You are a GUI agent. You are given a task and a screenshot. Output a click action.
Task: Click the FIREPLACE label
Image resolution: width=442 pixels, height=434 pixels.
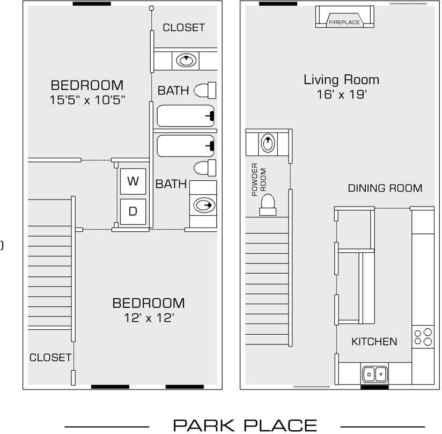click(x=344, y=23)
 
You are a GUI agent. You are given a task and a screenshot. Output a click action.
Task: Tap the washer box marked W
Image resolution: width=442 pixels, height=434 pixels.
click(x=133, y=181)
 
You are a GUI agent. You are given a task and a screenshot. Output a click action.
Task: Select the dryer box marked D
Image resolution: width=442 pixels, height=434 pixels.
click(x=133, y=211)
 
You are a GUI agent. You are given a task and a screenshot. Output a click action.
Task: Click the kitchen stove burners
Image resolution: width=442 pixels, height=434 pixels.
click(x=423, y=337)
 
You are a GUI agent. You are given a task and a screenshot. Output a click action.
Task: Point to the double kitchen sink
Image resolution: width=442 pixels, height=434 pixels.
click(x=374, y=374)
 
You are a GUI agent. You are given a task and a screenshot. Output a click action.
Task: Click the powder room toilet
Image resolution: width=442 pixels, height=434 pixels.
click(x=268, y=205)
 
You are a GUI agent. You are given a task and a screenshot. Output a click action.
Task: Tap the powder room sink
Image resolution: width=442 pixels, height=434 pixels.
click(x=268, y=143)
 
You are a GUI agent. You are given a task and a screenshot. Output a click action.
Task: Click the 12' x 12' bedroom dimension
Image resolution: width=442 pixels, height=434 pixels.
click(x=149, y=318)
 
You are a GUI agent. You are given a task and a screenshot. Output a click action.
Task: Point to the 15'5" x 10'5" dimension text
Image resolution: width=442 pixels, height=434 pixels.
click(x=87, y=100)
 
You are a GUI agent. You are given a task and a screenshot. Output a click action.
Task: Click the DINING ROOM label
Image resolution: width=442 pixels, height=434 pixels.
click(x=385, y=188)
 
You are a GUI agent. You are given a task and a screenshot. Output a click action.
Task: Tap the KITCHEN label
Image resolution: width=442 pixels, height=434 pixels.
click(x=374, y=342)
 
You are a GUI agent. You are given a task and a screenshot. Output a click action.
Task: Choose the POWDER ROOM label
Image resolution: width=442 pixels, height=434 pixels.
click(x=259, y=180)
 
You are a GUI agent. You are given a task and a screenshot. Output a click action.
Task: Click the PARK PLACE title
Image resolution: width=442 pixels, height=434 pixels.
click(x=245, y=425)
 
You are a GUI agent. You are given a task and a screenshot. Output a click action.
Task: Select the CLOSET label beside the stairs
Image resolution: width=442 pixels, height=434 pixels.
click(x=50, y=358)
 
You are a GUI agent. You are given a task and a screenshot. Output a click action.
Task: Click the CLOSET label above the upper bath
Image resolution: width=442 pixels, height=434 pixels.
click(x=184, y=28)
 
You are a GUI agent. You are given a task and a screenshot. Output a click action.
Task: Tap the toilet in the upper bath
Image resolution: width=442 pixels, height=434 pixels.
click(x=205, y=90)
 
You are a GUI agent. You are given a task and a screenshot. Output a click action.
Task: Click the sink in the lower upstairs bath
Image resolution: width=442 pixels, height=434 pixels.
click(x=203, y=205)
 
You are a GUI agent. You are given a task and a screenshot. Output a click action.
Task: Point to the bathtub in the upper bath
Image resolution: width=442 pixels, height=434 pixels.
click(x=186, y=116)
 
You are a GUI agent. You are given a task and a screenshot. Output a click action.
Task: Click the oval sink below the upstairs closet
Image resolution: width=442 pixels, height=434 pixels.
click(x=186, y=60)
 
